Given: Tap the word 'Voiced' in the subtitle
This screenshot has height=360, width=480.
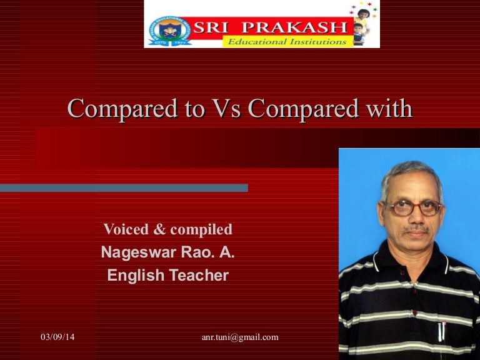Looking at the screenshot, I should tap(126, 229).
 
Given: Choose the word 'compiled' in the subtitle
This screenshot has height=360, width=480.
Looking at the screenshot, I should tap(201, 229).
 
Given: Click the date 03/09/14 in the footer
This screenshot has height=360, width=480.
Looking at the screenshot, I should tap(57, 337).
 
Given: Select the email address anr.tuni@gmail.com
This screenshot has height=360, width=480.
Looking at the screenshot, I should tap(240, 337).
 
